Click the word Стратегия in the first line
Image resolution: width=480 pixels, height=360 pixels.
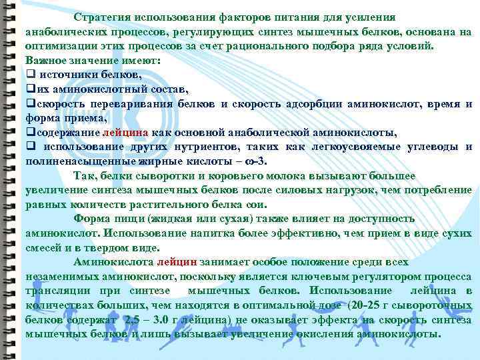click(x=102, y=17)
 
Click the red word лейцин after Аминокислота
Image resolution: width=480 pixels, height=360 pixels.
click(x=178, y=262)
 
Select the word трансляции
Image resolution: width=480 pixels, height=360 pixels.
click(x=57, y=291)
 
